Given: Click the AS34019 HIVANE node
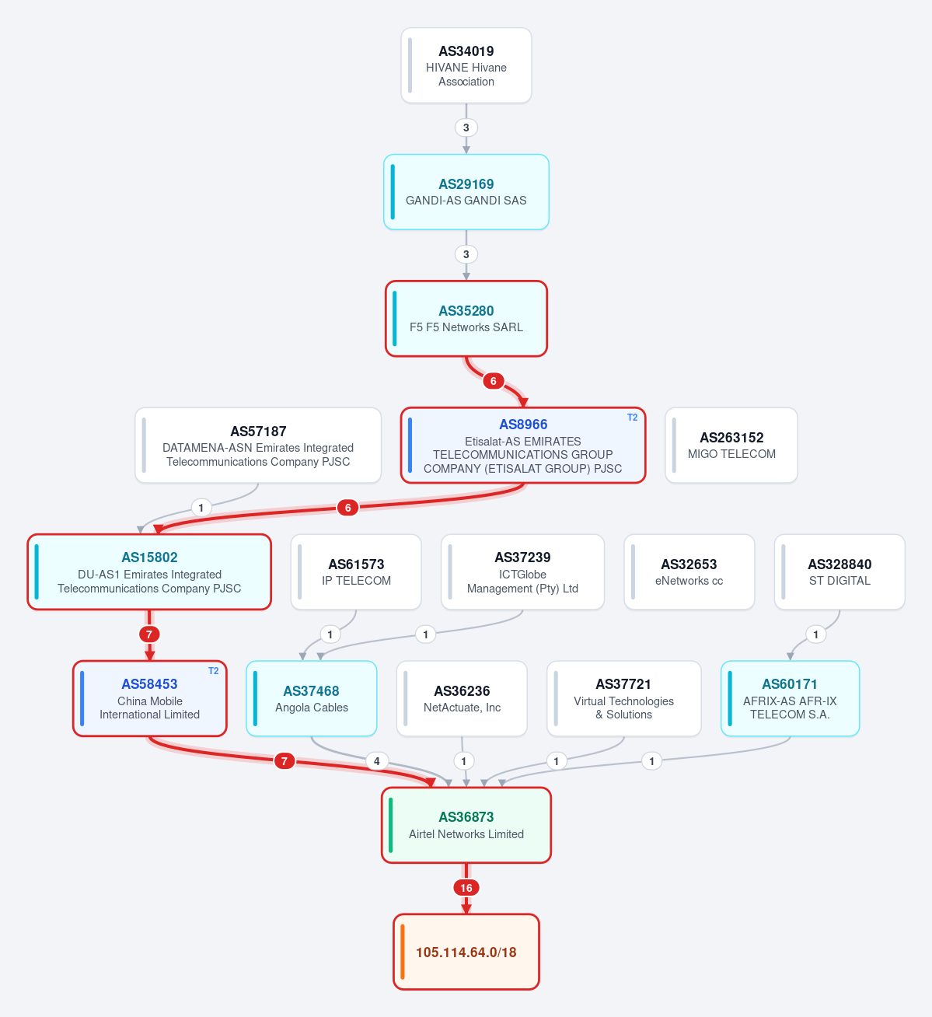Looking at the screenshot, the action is coord(466,65).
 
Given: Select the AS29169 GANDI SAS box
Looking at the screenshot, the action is coord(466,192).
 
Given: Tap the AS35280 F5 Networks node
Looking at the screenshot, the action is coord(466,319).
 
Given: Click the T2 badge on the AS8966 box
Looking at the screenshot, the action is coord(632,418).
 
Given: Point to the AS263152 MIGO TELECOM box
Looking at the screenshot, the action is coord(731,446).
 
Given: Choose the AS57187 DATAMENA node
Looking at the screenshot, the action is coord(258,446).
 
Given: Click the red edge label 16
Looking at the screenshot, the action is coord(466,888).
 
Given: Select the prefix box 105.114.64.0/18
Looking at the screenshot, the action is coord(466,952).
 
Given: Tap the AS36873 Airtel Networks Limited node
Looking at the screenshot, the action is coord(466,826).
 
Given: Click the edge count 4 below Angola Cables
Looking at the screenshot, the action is coord(377,761).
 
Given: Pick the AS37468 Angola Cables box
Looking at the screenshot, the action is coord(312,699).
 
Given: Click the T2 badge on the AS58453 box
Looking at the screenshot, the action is coord(214,671).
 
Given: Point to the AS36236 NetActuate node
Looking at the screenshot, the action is coord(462,699).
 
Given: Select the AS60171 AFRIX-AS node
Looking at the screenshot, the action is coord(790,699).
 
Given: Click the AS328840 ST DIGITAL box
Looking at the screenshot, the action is coord(839,572).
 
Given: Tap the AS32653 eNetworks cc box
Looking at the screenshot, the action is coord(689,572).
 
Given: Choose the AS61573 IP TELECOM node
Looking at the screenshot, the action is coord(356,572).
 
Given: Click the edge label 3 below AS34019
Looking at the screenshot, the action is coord(466,128).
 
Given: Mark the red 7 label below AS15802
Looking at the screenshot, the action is coord(149,634).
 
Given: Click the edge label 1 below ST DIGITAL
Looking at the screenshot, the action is coord(815,634).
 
